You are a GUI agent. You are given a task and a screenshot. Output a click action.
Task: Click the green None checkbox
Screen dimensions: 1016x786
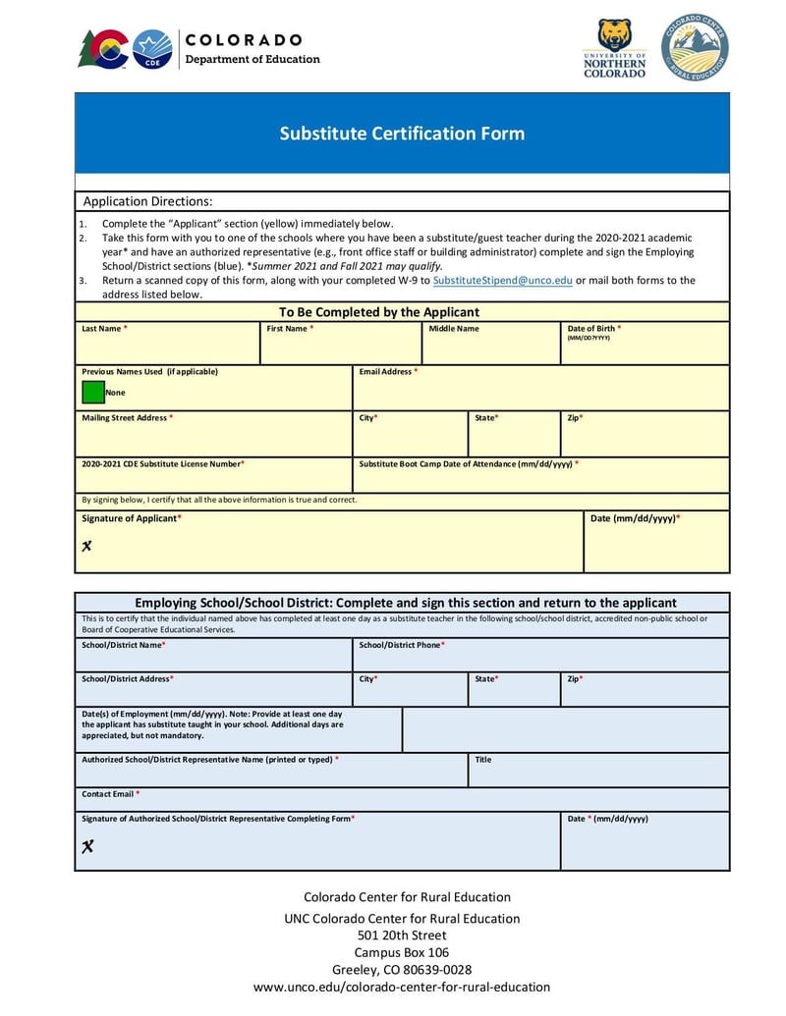93,392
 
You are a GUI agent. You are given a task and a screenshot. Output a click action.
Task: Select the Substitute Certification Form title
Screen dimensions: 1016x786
402,134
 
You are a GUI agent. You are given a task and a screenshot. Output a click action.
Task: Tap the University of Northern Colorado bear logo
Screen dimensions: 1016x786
614,47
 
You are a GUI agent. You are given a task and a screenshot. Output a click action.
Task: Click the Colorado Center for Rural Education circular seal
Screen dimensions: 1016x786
695,47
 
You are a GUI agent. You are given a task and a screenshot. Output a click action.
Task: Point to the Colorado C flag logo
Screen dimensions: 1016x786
103,48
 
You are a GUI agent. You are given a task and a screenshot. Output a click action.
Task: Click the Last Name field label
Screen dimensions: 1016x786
104,329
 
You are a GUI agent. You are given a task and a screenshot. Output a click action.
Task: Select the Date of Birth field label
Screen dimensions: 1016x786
593,329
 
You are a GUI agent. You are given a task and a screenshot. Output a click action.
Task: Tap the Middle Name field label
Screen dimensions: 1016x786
454,329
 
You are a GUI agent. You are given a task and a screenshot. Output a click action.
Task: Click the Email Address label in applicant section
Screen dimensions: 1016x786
388,372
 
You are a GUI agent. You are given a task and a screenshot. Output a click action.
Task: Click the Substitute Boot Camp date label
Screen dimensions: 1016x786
468,463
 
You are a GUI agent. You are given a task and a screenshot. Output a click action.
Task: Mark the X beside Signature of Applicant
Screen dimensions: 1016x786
86,546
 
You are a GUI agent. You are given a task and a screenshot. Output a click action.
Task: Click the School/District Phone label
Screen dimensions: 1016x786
402,645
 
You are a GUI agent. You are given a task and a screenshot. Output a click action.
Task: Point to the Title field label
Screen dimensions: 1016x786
483,760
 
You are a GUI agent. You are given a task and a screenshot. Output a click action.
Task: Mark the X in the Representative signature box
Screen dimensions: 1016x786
87,846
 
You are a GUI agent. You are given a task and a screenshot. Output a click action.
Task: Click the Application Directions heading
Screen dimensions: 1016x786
147,201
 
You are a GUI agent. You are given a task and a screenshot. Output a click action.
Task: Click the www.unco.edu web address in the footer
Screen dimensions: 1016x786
402,987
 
